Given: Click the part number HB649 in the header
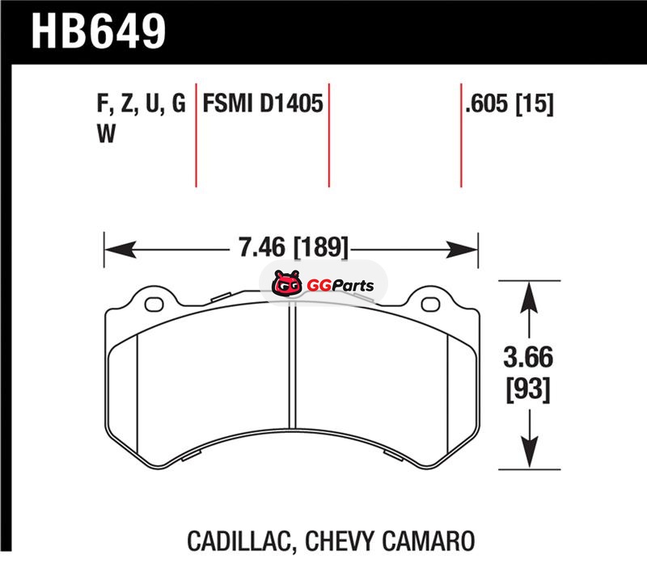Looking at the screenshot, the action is [x=98, y=31].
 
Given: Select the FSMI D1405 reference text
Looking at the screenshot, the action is [x=262, y=103].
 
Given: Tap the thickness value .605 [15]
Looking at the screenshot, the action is [x=509, y=104].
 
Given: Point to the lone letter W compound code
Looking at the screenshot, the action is [x=106, y=133].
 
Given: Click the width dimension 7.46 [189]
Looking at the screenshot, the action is [x=294, y=247].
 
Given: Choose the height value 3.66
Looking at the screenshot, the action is [x=528, y=357].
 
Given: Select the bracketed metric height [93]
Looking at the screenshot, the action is [x=528, y=389].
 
